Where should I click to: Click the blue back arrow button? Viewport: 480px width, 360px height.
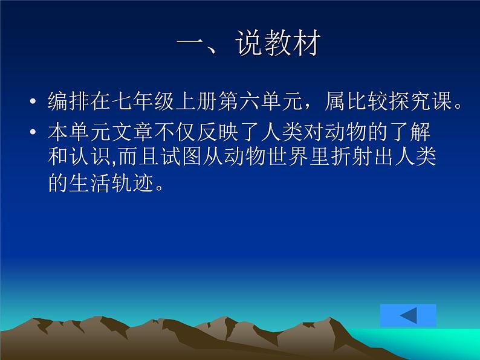pyautogui.click(x=408, y=315)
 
